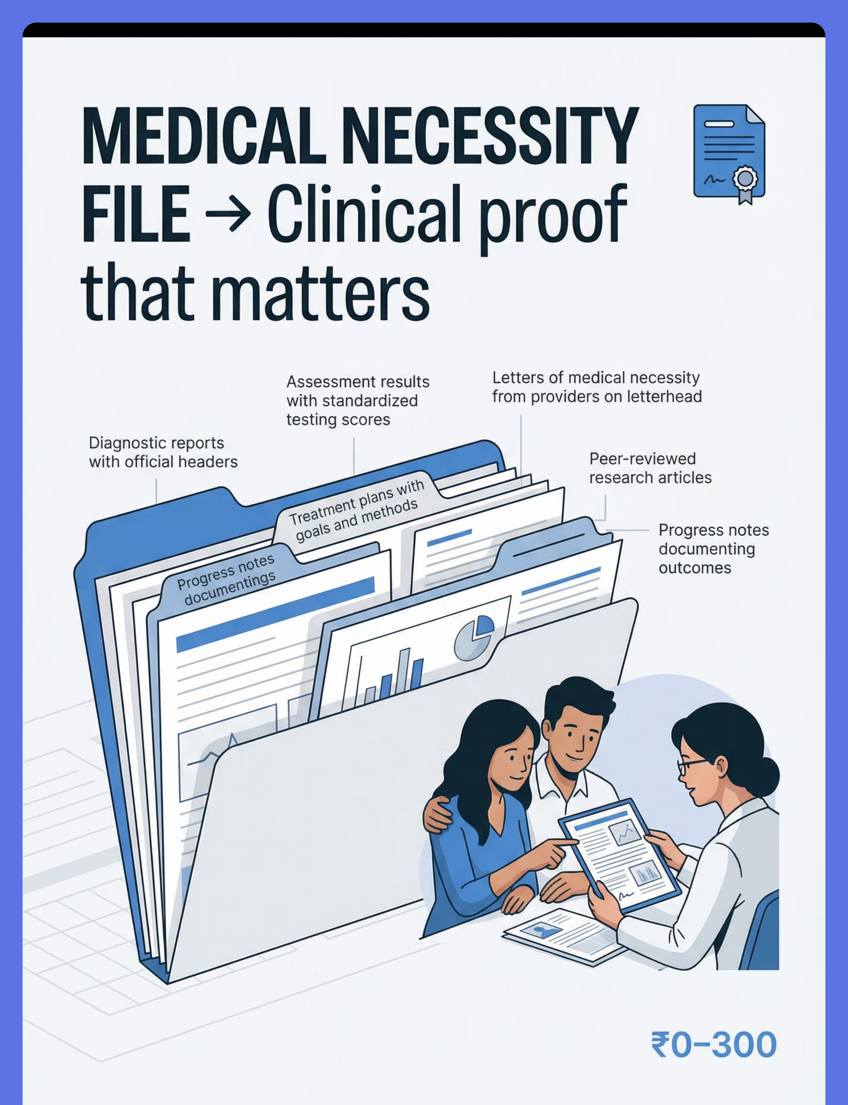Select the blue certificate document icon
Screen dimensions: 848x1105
[729, 154]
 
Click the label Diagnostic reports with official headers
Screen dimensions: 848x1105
[163, 452]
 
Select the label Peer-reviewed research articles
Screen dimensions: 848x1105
[650, 468]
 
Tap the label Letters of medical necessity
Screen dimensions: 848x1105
[597, 387]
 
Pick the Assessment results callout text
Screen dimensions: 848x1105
[358, 401]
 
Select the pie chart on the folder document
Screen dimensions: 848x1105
[474, 637]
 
